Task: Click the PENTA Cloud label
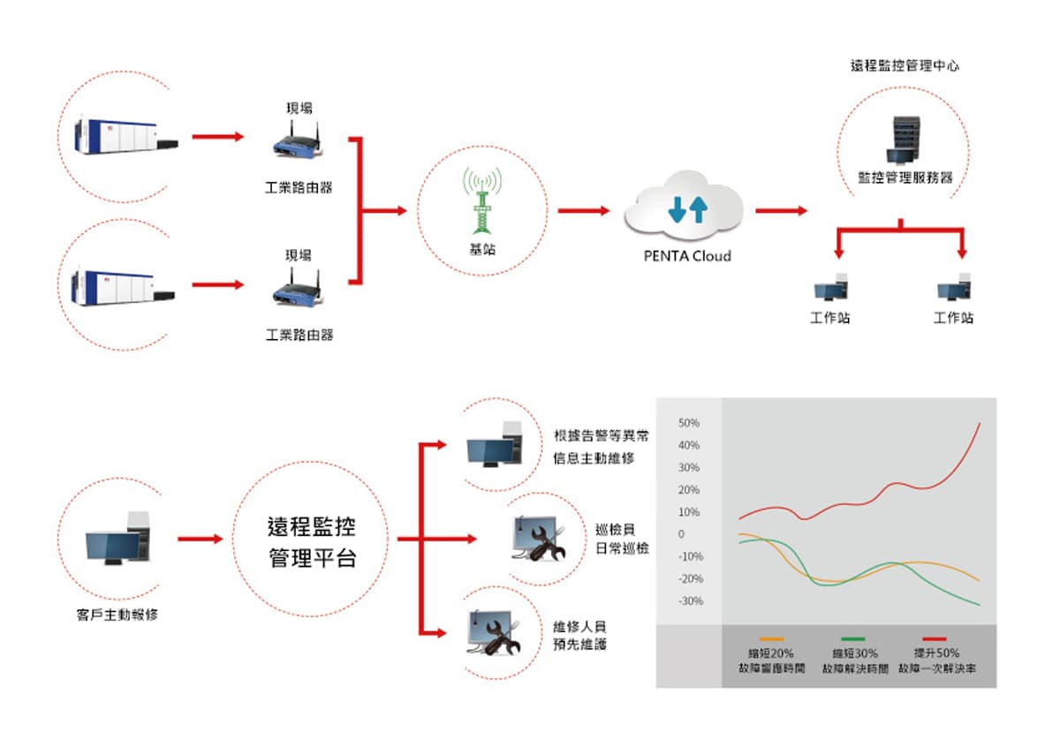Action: (686, 257)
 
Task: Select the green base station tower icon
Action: (482, 200)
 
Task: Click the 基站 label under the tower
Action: (482, 249)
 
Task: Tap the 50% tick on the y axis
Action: (689, 423)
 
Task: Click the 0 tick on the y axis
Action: (681, 534)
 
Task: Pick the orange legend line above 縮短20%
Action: (771, 638)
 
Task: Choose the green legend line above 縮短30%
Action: (852, 638)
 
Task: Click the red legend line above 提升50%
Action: (935, 638)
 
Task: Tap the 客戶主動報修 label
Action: (117, 614)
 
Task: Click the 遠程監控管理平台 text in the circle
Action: (311, 542)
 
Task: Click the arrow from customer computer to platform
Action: (200, 539)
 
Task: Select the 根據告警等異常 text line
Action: (602, 435)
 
